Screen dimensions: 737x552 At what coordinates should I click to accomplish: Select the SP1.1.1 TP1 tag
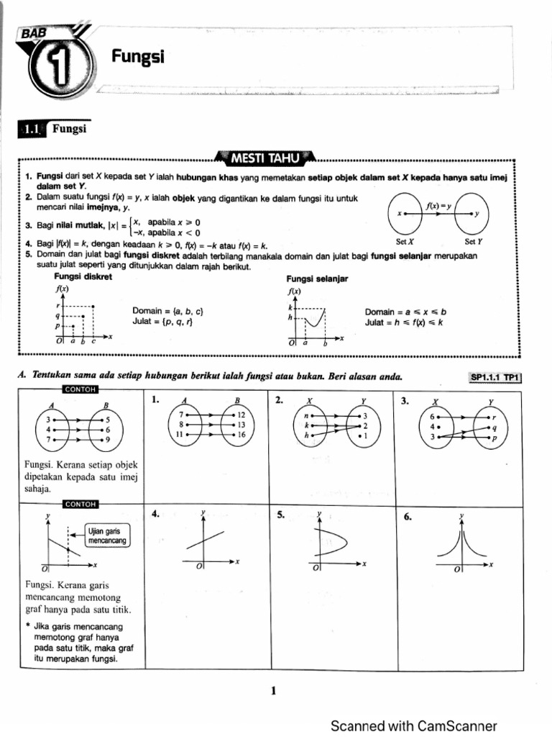click(x=495, y=377)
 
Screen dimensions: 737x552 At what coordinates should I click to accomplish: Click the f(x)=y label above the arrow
click(x=438, y=204)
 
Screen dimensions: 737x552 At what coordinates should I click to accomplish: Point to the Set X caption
click(x=407, y=242)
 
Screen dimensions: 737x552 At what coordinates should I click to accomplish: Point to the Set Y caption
click(x=474, y=242)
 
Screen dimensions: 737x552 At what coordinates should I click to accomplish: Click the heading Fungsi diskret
click(x=83, y=276)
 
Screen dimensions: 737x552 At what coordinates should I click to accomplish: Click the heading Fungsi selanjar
click(x=317, y=279)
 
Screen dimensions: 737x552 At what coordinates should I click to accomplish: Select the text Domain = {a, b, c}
click(x=169, y=311)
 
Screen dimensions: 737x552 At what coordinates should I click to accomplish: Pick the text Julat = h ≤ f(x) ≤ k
click(x=405, y=322)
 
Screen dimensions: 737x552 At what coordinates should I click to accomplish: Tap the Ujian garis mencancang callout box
click(x=107, y=535)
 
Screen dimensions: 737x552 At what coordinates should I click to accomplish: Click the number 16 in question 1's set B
click(x=241, y=435)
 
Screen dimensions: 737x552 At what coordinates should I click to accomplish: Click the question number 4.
click(x=156, y=514)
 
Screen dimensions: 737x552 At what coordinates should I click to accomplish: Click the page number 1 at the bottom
click(x=274, y=692)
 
